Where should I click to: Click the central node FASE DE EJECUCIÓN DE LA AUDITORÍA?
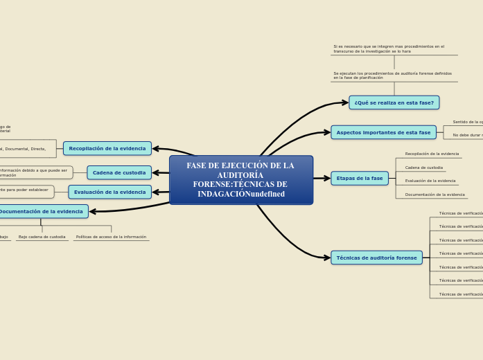click(x=240, y=180)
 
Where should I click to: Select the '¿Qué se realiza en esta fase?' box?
click(x=394, y=102)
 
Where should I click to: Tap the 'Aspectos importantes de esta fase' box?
click(x=383, y=132)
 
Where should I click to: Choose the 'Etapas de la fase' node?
click(x=359, y=179)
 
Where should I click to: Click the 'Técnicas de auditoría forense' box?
click(x=376, y=258)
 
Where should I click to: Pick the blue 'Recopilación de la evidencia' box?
click(x=107, y=148)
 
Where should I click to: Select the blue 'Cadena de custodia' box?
click(x=119, y=172)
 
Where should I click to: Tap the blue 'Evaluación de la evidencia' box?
click(x=109, y=192)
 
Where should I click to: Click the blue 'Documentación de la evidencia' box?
click(x=42, y=211)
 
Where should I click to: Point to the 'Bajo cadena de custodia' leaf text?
click(x=42, y=237)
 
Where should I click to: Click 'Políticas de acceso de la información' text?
click(x=111, y=237)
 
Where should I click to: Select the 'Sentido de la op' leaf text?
click(x=468, y=122)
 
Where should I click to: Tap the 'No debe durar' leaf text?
click(x=468, y=135)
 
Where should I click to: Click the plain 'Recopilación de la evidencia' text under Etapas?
click(x=432, y=154)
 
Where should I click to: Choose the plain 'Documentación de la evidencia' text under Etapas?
click(x=434, y=195)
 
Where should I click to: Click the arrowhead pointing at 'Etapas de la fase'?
click(x=326, y=179)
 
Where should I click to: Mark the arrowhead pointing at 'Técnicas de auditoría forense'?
click(x=326, y=258)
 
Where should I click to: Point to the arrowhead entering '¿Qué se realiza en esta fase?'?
click(x=344, y=102)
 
